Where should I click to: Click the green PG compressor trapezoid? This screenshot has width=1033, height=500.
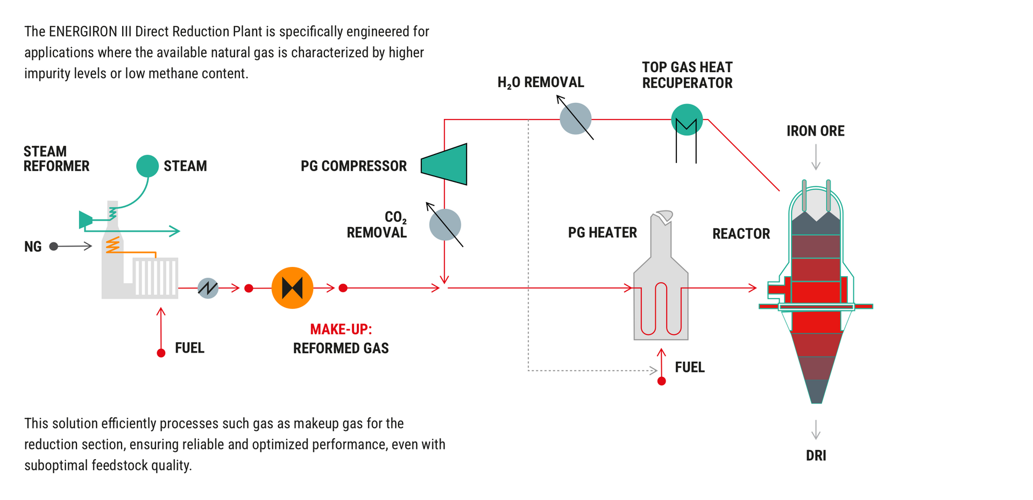[x=445, y=164]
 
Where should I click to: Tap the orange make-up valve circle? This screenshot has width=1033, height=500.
[x=292, y=288]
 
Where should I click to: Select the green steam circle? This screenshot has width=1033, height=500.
[x=147, y=166]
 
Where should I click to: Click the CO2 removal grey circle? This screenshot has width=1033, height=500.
[x=445, y=224]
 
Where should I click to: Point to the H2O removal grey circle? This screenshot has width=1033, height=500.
[x=575, y=118]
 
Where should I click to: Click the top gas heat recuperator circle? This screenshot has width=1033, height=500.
[x=687, y=119]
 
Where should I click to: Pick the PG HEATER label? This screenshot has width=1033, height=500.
[x=602, y=233]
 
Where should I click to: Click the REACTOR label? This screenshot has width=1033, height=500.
[x=741, y=234]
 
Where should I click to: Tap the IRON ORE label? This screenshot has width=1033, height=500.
[x=815, y=131]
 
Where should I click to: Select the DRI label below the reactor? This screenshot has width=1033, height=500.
[x=816, y=455]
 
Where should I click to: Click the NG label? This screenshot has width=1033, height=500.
[x=33, y=247]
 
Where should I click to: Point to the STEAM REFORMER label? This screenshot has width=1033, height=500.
[x=56, y=159]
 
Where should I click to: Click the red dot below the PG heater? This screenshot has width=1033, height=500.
[x=662, y=381]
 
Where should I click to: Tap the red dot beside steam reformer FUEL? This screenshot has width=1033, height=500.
[x=161, y=353]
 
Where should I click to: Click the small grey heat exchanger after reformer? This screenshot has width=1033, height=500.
[x=208, y=288]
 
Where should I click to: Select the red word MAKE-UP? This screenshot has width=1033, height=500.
[x=341, y=329]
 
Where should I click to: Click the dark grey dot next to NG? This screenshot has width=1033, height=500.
[x=53, y=247]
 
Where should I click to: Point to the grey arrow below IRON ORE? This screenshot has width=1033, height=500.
[x=816, y=157]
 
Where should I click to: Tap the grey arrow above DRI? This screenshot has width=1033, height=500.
[x=816, y=429]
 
